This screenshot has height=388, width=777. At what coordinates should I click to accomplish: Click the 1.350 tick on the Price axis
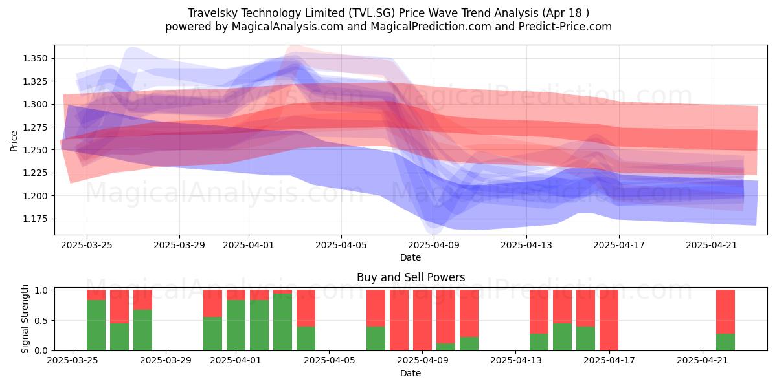[x=35, y=58]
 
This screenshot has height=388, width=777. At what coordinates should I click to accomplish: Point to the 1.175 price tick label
[x=35, y=219]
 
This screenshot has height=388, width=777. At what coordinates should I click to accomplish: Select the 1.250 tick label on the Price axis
[x=35, y=150]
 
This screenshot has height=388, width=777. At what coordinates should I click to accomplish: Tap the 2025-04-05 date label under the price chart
[x=341, y=245]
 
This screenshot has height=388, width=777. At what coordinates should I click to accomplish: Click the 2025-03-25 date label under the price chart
[x=87, y=245]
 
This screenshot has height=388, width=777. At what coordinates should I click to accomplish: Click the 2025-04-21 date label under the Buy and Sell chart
[x=703, y=360]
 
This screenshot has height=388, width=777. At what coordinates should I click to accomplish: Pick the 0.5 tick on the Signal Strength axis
[x=41, y=321]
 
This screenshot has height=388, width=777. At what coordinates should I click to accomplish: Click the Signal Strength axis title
[x=25, y=319]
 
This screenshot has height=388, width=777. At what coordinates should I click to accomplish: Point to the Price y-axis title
[x=14, y=141]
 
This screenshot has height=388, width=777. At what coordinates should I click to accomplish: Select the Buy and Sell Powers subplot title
[x=411, y=277]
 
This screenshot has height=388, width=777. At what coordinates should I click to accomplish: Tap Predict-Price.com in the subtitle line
[x=565, y=27]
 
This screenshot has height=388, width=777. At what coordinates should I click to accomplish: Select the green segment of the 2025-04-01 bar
[x=236, y=325]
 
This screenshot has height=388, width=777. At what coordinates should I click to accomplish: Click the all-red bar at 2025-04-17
[x=609, y=320]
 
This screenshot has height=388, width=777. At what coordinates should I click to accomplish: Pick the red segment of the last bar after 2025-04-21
[x=725, y=312]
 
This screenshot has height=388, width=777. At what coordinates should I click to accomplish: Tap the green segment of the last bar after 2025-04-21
[x=725, y=342]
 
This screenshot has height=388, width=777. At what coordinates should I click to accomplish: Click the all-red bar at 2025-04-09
[x=422, y=320]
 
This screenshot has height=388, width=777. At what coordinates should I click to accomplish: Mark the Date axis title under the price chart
[x=411, y=258]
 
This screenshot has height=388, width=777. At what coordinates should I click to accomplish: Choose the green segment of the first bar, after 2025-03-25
[x=96, y=325]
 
